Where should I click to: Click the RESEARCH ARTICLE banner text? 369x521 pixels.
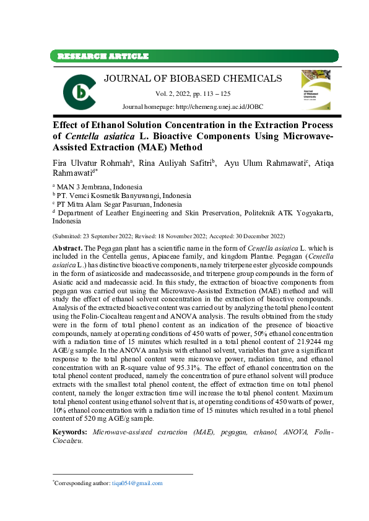tap(103, 56)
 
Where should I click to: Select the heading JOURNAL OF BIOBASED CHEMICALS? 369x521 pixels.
tap(193, 79)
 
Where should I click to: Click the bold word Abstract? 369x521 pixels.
tap(69, 247)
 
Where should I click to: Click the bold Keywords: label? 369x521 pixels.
tap(71, 431)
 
